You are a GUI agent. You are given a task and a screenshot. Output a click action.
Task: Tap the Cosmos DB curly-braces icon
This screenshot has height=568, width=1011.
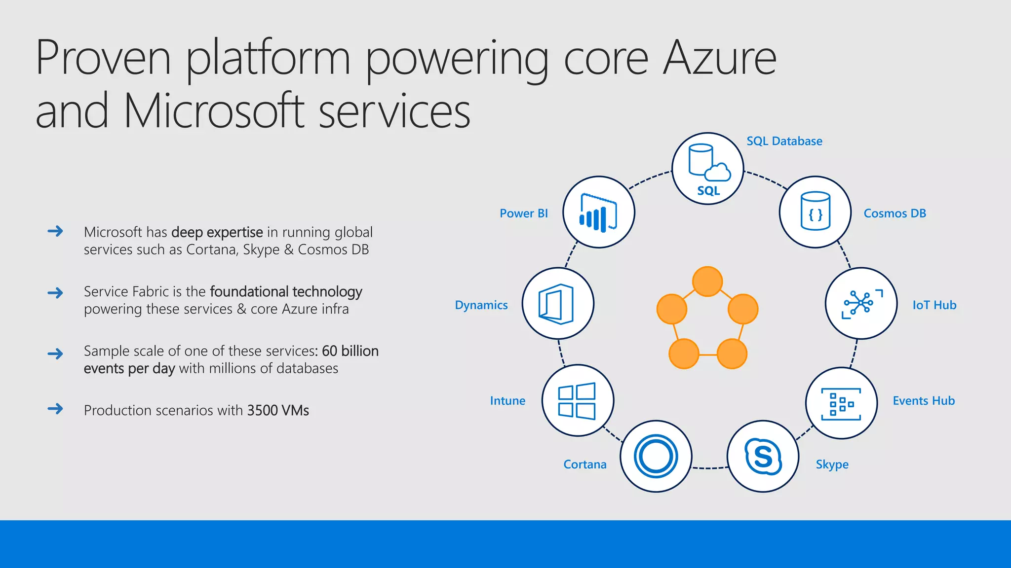[815, 212]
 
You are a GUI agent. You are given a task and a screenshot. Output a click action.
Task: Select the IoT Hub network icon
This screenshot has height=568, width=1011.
[861, 303]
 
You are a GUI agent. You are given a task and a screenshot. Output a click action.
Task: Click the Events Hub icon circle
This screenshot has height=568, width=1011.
[841, 403]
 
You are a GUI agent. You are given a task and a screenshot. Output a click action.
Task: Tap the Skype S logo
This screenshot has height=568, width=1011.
[763, 456]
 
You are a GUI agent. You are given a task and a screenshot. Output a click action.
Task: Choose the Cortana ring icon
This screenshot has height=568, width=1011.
[656, 456]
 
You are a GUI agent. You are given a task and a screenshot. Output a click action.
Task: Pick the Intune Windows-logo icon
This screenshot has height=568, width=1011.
[578, 400]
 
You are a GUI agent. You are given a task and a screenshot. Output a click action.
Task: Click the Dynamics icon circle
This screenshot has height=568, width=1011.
[558, 303]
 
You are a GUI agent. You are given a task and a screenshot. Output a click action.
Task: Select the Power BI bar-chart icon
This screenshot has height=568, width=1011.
[599, 212]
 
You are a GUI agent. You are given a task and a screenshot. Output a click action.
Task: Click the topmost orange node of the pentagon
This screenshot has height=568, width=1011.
[707, 282]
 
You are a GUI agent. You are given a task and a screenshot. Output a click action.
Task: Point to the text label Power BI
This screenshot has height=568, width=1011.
[523, 213]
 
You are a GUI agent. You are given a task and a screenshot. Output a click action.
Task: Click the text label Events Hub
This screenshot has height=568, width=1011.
[924, 401]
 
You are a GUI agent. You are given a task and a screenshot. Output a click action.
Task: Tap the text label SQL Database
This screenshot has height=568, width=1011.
[784, 141]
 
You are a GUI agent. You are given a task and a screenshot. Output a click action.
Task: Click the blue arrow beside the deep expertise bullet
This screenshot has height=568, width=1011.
[55, 231]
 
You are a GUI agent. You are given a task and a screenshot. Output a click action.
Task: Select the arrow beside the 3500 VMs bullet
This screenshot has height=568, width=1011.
[55, 409]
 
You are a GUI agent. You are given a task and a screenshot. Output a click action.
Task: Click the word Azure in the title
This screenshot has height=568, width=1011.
[719, 58]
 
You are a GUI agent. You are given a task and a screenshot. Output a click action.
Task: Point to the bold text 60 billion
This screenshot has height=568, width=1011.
[350, 351]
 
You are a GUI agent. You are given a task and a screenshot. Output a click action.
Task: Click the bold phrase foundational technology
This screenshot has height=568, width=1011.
[286, 292]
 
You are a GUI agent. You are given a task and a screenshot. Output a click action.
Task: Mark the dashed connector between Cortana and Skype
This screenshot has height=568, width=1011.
[709, 467]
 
